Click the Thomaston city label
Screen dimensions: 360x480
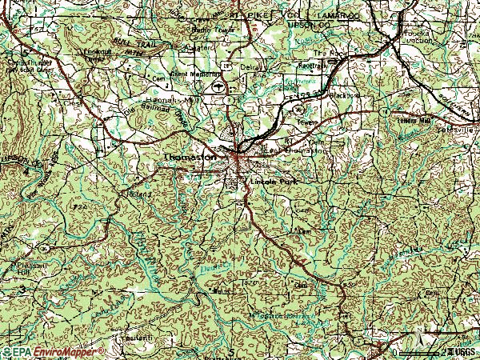point(189,158)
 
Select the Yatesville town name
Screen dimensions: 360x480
point(459,128)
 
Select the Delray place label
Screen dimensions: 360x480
point(251,69)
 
